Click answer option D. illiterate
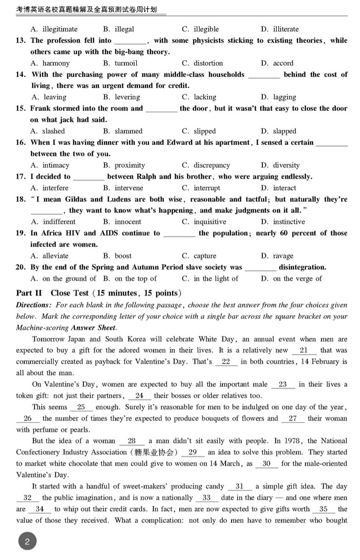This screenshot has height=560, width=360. coord(280,29)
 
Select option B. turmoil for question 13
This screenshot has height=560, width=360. coord(120,63)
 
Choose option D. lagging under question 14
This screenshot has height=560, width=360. coord(278,97)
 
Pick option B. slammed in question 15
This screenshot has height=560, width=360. coord(122,131)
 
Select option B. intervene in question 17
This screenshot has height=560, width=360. coord(123,188)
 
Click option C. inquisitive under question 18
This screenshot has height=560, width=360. coord(204,222)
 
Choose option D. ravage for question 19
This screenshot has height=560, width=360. coord(277,256)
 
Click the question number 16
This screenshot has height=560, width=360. coord(21,143)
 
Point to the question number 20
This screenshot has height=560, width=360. coord(21,267)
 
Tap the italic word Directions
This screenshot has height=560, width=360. coord(32,305)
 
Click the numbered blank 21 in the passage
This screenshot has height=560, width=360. coord(304,351)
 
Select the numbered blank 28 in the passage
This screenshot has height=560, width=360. coord(132,441)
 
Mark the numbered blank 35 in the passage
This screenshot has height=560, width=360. coord(323,509)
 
